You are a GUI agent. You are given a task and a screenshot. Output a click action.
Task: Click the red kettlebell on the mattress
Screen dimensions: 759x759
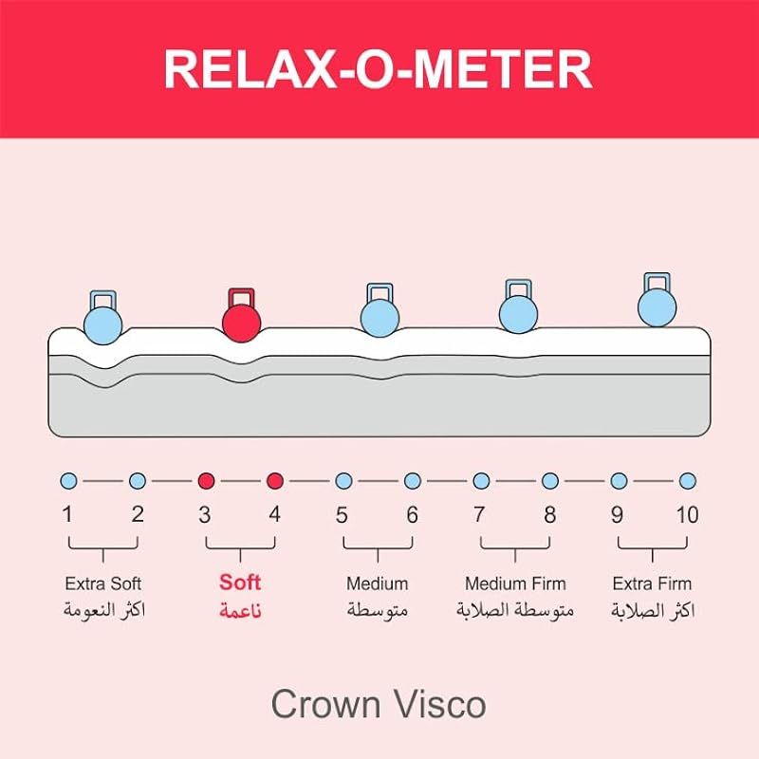click(x=241, y=318)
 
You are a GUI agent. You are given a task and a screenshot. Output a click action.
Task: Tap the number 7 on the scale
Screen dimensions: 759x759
click(x=480, y=515)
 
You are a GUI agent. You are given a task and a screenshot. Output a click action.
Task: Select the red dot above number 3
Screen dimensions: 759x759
click(x=206, y=481)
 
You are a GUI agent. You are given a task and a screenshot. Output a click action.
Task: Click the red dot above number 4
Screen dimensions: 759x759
click(x=275, y=481)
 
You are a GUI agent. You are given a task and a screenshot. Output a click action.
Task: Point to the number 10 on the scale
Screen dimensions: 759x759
click(x=687, y=515)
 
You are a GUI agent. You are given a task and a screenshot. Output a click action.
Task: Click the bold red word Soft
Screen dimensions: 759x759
click(x=240, y=583)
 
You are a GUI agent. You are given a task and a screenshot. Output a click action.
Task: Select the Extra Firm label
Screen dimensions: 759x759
click(x=653, y=583)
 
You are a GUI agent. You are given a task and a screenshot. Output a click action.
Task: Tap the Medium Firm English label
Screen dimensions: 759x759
click(x=515, y=583)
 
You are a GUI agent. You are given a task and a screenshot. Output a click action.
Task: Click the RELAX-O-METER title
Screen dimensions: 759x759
click(x=379, y=68)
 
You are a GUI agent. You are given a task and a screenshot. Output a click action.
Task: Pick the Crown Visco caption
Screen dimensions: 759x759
click(x=379, y=704)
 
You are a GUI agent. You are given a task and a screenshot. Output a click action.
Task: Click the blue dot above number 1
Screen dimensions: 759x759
click(x=68, y=481)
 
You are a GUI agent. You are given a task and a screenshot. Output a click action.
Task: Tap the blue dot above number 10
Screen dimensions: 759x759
click(x=688, y=481)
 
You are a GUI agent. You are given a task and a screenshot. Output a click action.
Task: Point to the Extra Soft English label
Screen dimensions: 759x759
click(x=103, y=583)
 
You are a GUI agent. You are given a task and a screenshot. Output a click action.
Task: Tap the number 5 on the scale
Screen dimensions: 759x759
click(x=342, y=515)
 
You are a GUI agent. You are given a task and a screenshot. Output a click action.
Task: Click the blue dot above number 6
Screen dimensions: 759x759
click(x=412, y=481)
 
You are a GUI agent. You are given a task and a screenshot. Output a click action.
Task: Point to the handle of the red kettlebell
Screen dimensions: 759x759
click(x=240, y=293)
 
